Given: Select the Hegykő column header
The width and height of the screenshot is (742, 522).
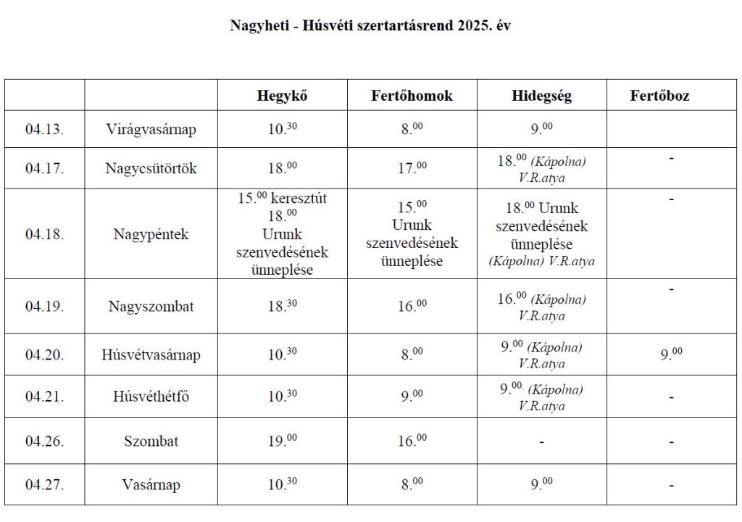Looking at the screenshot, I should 283,95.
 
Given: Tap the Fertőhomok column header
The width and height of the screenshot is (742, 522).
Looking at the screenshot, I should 412,95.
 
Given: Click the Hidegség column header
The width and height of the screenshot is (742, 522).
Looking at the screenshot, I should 541,95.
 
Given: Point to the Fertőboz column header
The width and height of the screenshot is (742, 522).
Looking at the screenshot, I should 659,95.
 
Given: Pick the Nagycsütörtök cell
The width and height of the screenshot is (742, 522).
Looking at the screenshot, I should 151,168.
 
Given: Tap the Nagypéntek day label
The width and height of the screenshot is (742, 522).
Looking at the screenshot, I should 151,234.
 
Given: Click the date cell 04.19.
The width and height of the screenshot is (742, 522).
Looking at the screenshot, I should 45,306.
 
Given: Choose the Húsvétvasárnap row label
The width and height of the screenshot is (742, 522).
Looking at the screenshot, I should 151,355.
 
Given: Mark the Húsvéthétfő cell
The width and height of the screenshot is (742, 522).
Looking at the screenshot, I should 151,397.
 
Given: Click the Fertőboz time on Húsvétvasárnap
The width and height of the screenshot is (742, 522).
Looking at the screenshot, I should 671,354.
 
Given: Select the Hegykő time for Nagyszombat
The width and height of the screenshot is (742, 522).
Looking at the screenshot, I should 283,305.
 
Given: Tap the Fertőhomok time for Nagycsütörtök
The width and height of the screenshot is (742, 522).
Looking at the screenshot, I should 412,167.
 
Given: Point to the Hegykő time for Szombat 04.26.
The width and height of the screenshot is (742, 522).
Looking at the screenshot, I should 283,440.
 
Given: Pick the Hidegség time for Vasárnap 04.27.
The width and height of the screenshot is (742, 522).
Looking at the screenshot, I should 538,484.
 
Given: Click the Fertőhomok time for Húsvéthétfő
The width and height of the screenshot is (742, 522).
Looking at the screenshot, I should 412,397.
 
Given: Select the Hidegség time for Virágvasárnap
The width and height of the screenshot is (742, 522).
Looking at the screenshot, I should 538,129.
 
